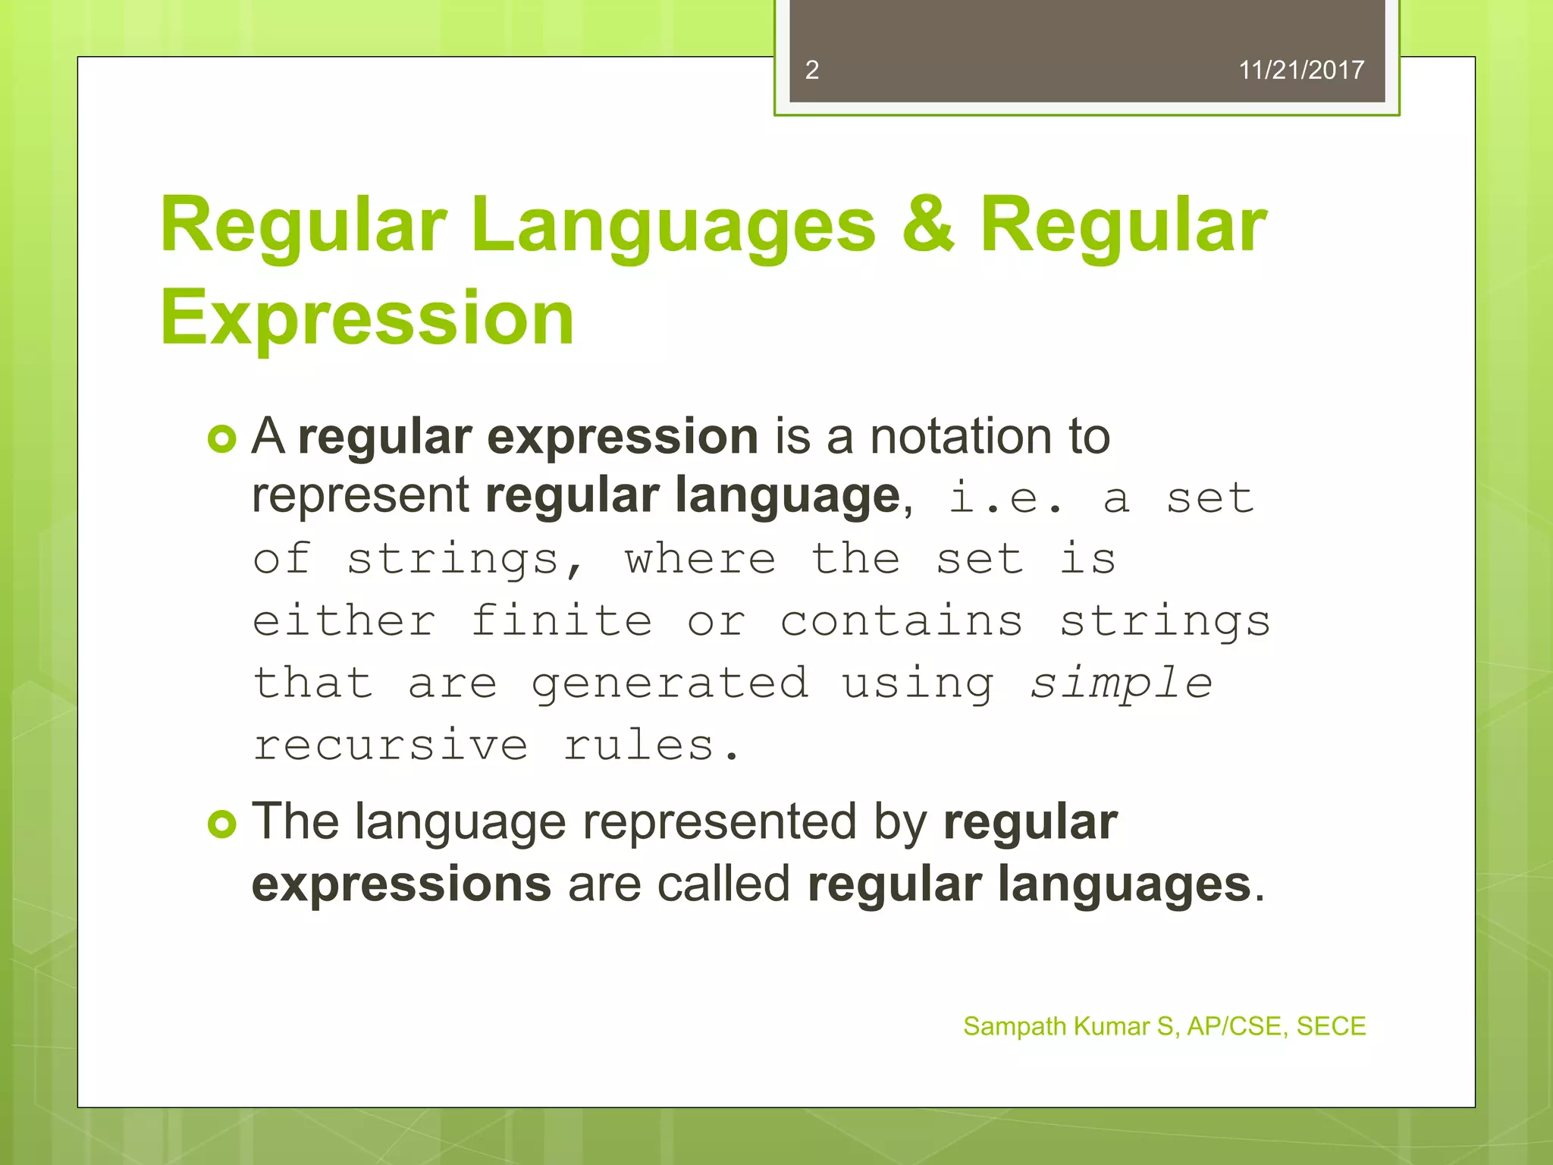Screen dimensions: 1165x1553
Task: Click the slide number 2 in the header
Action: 811,70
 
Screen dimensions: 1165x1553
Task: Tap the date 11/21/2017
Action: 1300,70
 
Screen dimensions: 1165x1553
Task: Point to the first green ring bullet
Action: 222,439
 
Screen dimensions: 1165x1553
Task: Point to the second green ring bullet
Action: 222,824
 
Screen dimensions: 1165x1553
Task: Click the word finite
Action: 561,621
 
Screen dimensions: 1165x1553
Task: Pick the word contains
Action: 902,621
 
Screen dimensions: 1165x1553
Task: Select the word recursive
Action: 391,745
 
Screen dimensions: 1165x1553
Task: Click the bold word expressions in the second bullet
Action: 401,884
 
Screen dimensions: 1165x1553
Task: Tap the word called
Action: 723,884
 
